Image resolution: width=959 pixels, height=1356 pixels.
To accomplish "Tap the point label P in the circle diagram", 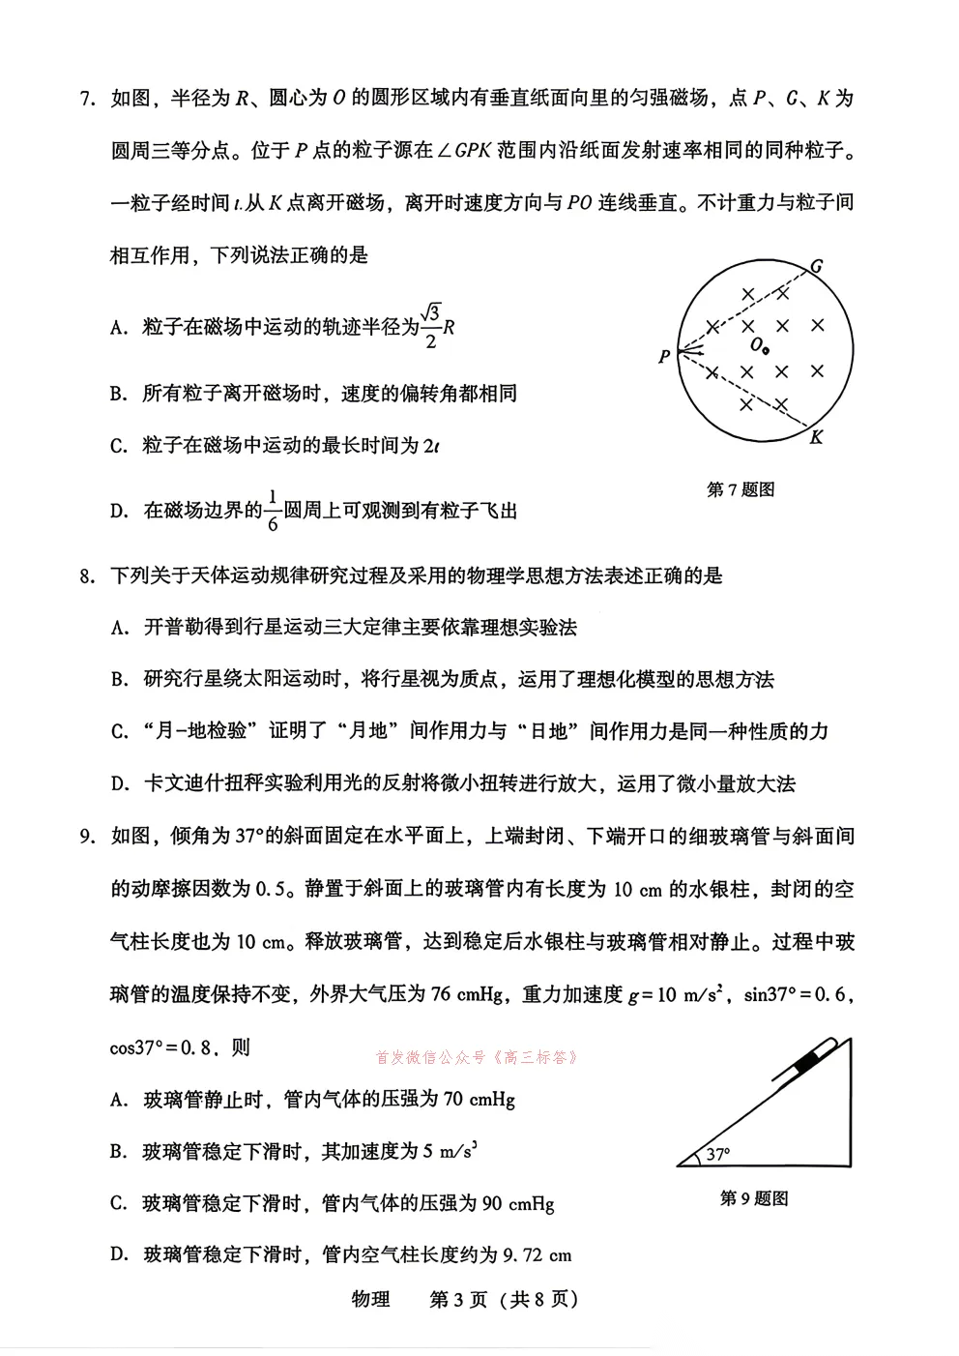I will pyautogui.click(x=664, y=357).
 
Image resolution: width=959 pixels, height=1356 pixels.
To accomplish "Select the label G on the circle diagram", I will pyautogui.click(x=817, y=266).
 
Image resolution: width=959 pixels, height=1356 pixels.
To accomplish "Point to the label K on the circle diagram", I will pyautogui.click(x=816, y=437).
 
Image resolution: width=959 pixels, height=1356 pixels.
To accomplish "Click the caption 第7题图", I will pyautogui.click(x=741, y=489).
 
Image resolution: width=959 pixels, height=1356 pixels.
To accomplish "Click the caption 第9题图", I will pyautogui.click(x=754, y=1198).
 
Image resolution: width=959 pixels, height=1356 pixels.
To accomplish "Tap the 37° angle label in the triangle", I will pyautogui.click(x=717, y=1154).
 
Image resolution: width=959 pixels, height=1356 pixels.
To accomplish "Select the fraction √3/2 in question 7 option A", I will pyautogui.click(x=431, y=326).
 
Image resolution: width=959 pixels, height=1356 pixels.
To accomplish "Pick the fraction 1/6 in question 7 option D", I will pyautogui.click(x=273, y=510).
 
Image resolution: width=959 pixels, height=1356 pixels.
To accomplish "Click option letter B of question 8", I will pyautogui.click(x=119, y=680).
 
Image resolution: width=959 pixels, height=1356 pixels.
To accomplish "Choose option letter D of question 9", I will pyautogui.click(x=119, y=1255).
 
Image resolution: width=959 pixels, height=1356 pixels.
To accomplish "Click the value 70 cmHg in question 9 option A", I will pyautogui.click(x=479, y=1100).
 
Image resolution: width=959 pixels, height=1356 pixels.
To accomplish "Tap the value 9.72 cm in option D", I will pyautogui.click(x=538, y=1255).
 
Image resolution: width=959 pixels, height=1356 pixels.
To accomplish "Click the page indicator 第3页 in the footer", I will pyautogui.click(x=458, y=1299).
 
